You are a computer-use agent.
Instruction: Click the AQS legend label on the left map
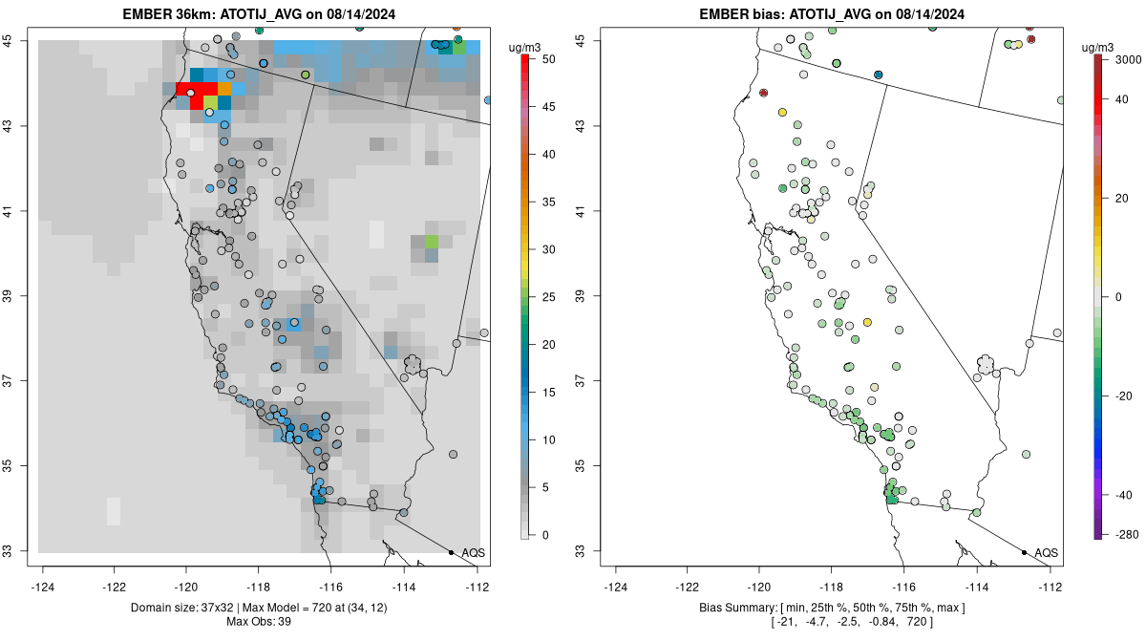(474, 553)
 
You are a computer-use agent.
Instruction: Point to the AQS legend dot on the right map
(1024, 552)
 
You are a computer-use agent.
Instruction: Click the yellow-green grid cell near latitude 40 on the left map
(432, 240)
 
